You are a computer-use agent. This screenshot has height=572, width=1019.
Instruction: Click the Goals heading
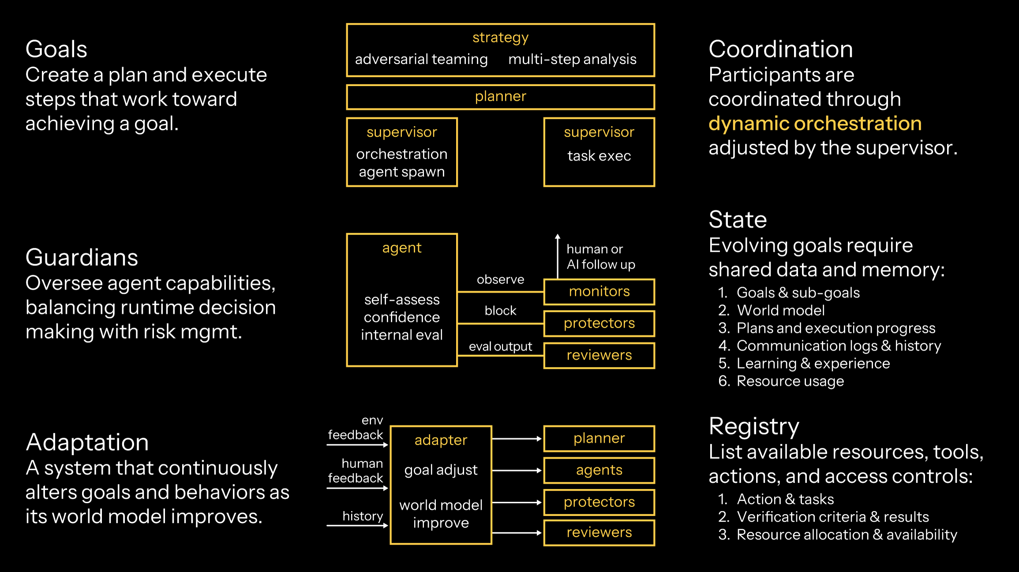coord(56,49)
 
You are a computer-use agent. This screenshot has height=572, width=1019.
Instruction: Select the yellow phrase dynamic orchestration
coord(815,123)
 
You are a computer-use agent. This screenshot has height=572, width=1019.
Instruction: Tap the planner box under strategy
coord(500,97)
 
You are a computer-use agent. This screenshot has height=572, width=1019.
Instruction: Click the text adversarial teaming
coord(421,59)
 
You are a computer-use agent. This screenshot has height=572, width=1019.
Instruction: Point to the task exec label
coord(599,156)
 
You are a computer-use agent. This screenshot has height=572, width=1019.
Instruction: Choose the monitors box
coord(599,292)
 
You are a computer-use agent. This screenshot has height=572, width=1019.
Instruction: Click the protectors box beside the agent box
coord(599,323)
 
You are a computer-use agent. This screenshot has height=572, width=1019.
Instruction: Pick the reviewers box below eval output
coord(599,355)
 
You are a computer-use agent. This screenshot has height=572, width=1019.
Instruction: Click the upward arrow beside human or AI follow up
coord(558,256)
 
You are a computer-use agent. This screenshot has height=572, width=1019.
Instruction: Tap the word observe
coord(500,280)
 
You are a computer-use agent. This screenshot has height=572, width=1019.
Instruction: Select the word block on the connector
coord(500,311)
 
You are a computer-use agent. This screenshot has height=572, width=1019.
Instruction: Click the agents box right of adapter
coord(599,471)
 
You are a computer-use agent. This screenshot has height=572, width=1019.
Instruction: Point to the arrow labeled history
coord(357,525)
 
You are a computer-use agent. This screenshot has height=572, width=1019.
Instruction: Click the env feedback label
coord(356,428)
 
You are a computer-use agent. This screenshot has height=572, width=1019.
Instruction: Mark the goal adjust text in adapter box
coord(441,470)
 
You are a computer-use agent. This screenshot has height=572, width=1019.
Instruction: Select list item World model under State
coord(780,310)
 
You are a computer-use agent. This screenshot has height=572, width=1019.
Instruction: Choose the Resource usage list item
coord(790,381)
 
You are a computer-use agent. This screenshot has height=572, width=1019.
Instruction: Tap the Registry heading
coord(753,426)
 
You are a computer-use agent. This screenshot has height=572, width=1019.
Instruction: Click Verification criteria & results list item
coord(832,517)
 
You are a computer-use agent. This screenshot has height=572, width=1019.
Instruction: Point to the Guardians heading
coord(82,258)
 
